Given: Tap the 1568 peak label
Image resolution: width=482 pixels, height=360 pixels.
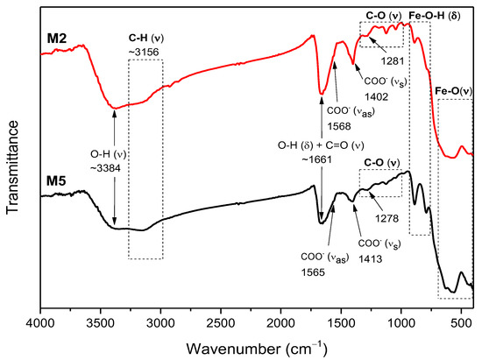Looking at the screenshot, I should tap(337, 124).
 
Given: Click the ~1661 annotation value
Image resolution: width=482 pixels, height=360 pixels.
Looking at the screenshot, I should tap(321, 160).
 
